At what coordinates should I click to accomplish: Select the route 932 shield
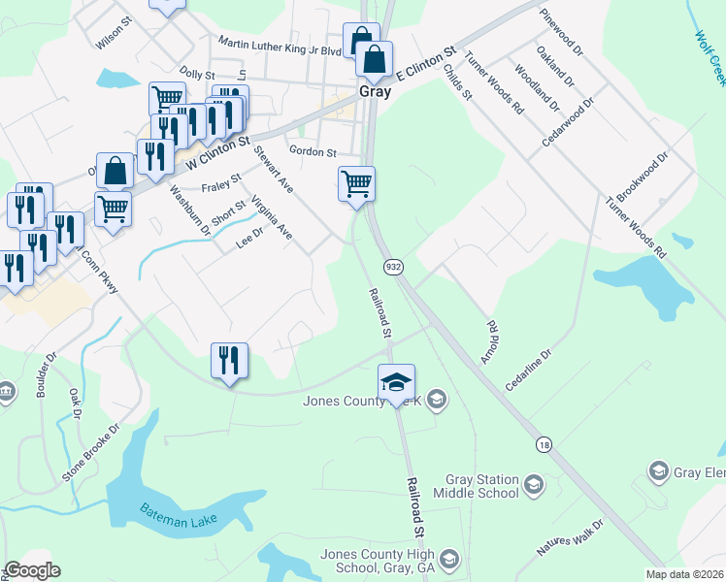pyautogui.click(x=393, y=266)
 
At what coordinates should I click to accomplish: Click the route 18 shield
pyautogui.click(x=544, y=443)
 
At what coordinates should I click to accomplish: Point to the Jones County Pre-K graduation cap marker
pyautogui.click(x=396, y=383)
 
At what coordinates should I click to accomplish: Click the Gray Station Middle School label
pyautogui.click(x=482, y=486)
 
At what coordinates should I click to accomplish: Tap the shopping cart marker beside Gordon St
pyautogui.click(x=356, y=182)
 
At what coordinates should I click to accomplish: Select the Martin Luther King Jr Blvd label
pyautogui.click(x=280, y=44)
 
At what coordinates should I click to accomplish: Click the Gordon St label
pyautogui.click(x=313, y=152)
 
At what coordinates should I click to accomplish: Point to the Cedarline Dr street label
pyautogui.click(x=527, y=371)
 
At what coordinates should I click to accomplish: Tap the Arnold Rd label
pyautogui.click(x=488, y=341)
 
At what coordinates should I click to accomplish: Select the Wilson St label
pyautogui.click(x=114, y=43)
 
